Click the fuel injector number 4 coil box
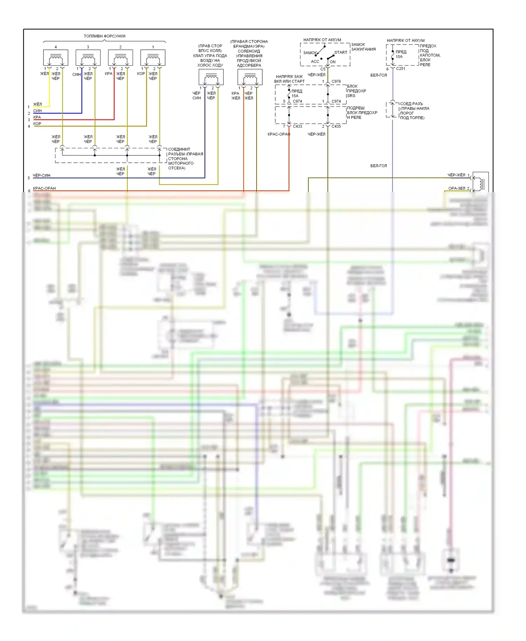click(55, 58)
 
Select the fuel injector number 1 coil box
click(153, 58)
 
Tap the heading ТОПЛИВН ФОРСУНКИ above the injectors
click(104, 36)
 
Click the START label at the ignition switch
click(340, 53)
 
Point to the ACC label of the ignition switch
click(315, 62)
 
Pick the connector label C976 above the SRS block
click(336, 81)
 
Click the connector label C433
click(297, 126)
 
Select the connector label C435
click(336, 126)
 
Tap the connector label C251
click(400, 69)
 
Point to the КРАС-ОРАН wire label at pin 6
click(44, 188)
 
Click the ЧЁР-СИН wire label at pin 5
click(41, 175)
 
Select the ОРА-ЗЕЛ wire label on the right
click(457, 188)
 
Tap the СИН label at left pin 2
click(37, 111)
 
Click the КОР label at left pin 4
click(37, 124)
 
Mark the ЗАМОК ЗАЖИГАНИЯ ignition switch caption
click(363, 47)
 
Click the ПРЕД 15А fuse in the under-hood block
click(399, 54)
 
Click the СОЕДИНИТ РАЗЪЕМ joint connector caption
click(185, 158)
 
